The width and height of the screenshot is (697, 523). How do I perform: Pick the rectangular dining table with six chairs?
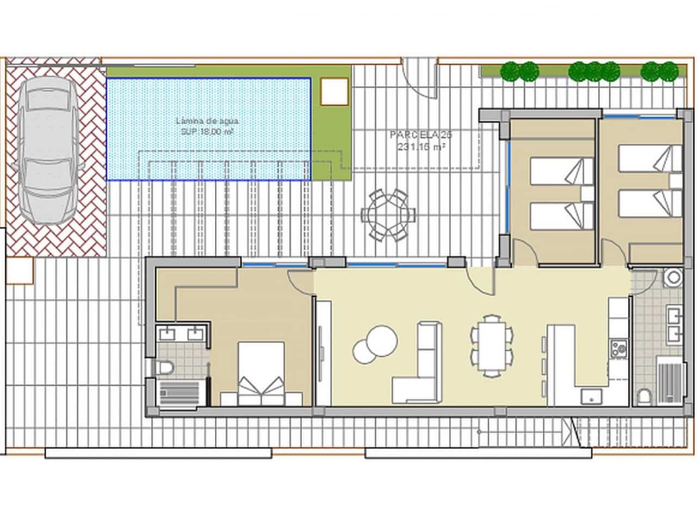492,346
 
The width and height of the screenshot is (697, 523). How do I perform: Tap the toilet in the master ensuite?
164,368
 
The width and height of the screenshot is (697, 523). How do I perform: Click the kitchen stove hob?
618,348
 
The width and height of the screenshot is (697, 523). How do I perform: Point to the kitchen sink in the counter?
589,396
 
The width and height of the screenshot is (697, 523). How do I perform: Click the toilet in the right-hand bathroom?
644,396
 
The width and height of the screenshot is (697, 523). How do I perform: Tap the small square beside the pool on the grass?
334,92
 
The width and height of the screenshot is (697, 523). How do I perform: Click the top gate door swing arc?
423,82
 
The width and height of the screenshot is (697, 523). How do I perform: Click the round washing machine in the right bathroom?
672,277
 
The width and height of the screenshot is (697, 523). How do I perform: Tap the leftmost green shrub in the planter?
511,71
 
